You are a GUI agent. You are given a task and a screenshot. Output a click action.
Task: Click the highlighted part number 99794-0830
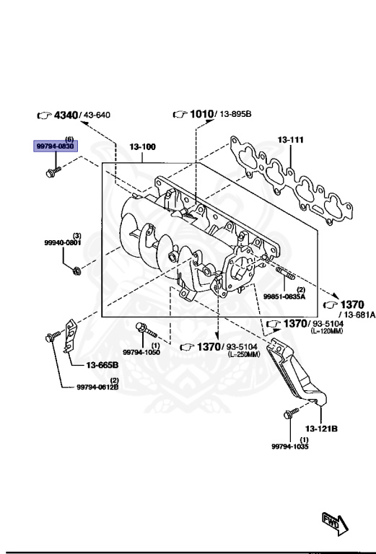56,146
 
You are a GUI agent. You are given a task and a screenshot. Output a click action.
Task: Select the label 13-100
142,147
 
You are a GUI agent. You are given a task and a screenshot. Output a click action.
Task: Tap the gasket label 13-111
291,140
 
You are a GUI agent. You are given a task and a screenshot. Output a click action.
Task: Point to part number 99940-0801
63,243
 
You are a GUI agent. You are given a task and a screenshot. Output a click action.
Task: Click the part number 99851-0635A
284,296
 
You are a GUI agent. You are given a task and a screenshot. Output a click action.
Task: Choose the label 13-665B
102,365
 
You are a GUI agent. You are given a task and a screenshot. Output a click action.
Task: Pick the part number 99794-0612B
97,387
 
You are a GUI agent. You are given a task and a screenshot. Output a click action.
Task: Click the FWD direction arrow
334,521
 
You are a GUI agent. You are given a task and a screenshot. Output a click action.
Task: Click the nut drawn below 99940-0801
77,271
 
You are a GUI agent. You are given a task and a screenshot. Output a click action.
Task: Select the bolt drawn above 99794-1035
290,414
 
